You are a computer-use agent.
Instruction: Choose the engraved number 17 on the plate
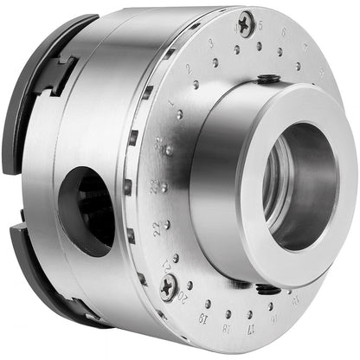[248, 330]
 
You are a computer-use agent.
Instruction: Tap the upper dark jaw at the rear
[43, 87]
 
